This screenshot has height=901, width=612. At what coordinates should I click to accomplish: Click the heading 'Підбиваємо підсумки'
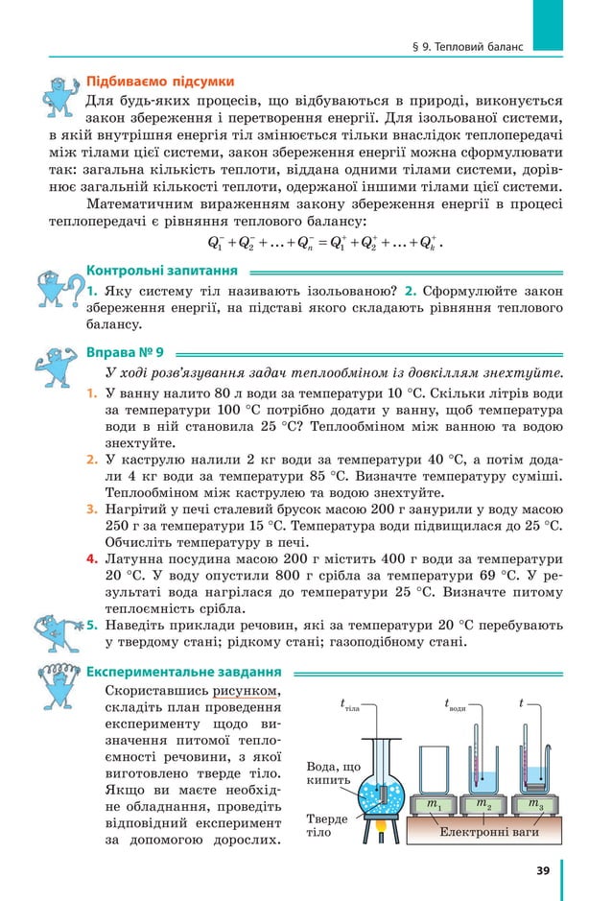160,81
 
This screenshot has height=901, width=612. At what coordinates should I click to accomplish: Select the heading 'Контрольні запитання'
161,271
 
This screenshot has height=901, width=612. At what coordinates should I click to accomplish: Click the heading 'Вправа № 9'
126,351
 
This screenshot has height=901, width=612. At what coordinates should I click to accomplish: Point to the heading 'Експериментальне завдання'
183,672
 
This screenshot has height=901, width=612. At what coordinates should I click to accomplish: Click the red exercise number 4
92,558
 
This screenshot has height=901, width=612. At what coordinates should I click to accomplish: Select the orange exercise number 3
92,508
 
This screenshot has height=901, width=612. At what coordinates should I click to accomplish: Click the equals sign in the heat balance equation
321,242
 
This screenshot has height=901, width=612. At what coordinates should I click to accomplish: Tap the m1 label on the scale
434,803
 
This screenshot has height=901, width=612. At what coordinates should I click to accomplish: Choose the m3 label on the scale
534,803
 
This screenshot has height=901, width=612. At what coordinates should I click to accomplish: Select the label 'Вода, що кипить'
333,774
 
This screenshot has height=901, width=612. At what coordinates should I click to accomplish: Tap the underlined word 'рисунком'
247,690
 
